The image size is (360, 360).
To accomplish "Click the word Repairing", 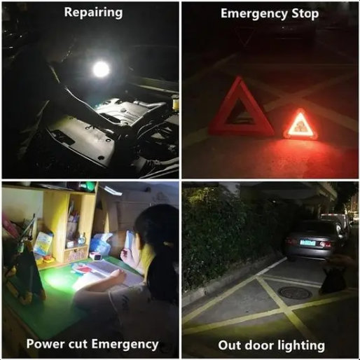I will [93, 13].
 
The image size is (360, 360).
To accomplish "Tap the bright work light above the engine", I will [101, 69].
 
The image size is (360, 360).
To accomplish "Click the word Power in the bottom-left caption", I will [45, 344].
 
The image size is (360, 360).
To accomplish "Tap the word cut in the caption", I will [81, 344].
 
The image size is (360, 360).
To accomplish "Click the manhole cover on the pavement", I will [294, 293].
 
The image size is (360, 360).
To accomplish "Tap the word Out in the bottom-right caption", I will [229, 345].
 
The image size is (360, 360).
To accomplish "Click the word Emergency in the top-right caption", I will [253, 13].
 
